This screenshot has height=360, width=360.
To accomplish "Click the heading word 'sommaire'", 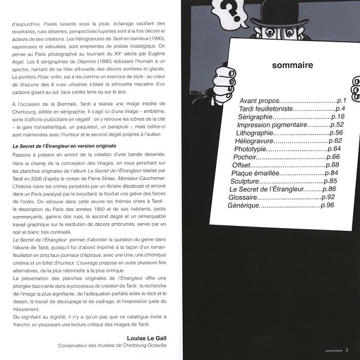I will pyautogui.click(x=293, y=67).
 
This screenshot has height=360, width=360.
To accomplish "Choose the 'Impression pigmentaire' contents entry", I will pyautogui.click(x=271, y=125).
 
